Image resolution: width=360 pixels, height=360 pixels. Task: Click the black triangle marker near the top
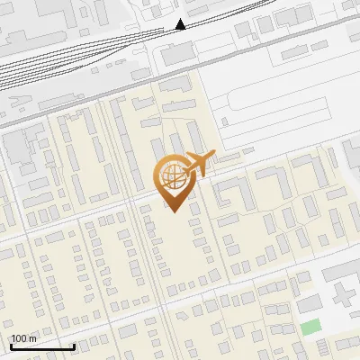180,24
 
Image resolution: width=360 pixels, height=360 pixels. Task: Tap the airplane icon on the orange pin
198,165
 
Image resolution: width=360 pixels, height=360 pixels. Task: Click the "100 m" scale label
22,338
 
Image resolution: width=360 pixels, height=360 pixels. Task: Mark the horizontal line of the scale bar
41,346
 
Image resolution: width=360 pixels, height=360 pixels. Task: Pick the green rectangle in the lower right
310,328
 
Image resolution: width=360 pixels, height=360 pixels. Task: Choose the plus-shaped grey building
343,294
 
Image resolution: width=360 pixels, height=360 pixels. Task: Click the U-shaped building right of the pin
233,191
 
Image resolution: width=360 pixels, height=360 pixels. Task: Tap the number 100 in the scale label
19,338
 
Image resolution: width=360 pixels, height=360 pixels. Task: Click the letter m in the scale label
32,338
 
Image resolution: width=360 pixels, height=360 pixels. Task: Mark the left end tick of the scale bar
10,345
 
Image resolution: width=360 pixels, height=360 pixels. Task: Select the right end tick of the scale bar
74,345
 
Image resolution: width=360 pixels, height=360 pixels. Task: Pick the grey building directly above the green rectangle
310,304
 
